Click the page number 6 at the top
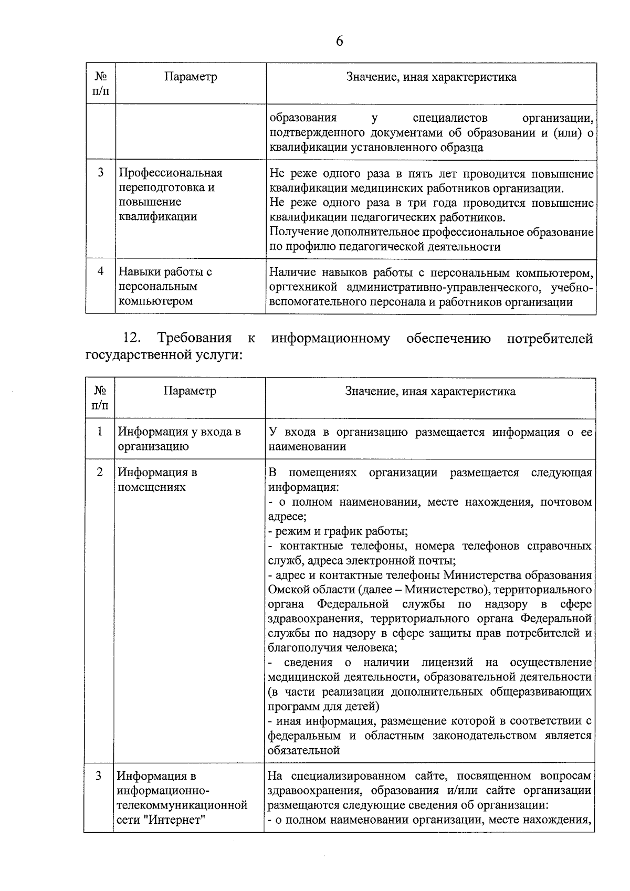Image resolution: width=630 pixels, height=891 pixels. coord(339,41)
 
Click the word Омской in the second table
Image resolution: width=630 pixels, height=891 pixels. coord(288,590)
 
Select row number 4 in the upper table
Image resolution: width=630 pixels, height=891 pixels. coord(100,271)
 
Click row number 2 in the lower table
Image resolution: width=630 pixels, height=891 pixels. coord(100,472)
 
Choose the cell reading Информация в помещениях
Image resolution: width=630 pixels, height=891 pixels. coord(157,479)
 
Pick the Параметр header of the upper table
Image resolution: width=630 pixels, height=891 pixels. coord(191,77)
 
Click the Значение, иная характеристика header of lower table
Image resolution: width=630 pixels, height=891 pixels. coord(430,392)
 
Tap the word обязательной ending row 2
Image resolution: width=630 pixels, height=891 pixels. coord(304,750)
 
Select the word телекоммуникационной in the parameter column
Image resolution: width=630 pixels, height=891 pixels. coord(182,805)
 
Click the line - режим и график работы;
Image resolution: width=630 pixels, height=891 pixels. coord(338,531)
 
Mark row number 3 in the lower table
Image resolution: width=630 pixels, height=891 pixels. coord(99,775)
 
